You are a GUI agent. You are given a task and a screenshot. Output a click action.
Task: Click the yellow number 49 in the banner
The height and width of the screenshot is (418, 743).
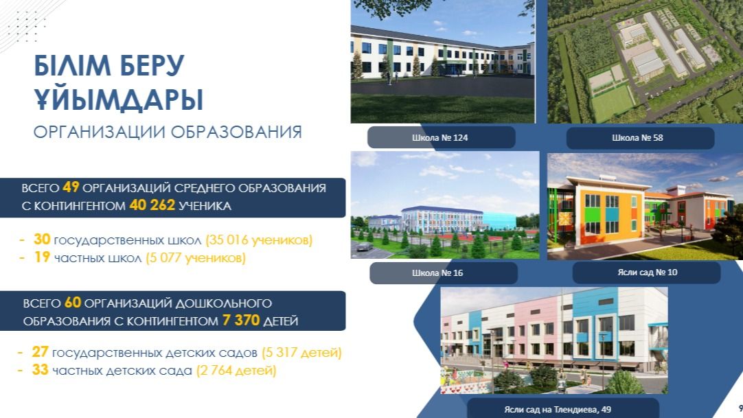point(71,187)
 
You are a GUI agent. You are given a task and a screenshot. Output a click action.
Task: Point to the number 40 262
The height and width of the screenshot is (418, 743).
point(152,205)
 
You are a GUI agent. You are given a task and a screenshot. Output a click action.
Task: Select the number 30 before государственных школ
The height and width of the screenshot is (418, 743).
point(42,240)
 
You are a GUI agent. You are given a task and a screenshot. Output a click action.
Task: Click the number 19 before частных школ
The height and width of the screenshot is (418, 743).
point(42,258)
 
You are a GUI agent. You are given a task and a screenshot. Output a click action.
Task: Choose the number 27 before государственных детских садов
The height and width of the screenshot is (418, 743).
point(40,353)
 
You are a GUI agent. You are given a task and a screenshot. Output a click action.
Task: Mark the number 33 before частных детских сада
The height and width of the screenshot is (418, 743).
point(40,371)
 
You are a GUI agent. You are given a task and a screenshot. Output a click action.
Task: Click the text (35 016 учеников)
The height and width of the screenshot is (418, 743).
point(259,240)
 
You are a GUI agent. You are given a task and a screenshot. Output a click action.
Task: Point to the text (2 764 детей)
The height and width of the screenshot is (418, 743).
point(236,371)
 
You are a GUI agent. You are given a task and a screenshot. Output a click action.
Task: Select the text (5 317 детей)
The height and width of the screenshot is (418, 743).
point(301,353)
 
